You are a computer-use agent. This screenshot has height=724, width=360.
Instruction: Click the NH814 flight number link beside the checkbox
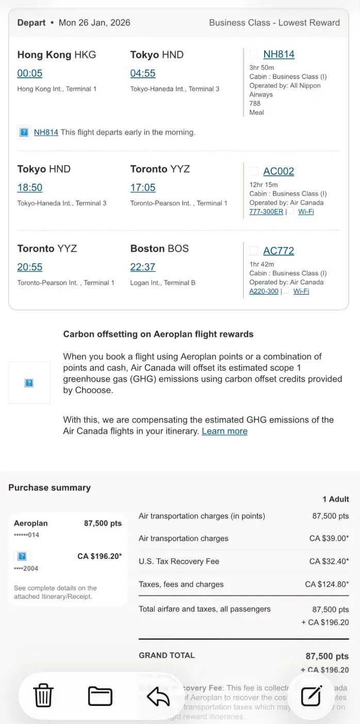click(x=279, y=54)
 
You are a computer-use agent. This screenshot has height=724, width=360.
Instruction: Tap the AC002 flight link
click(x=279, y=171)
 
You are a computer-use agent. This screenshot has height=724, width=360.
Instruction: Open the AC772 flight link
click(x=279, y=251)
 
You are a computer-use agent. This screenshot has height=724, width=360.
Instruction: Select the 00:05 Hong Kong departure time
click(x=30, y=73)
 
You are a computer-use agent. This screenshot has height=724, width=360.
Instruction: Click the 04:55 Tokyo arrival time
click(x=143, y=73)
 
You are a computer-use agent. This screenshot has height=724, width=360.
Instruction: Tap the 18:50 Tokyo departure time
click(x=30, y=188)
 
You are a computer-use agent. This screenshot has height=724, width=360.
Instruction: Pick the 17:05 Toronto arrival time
click(x=143, y=188)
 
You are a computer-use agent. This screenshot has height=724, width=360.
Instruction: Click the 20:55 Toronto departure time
click(x=30, y=267)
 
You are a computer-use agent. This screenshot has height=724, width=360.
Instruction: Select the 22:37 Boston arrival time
click(x=143, y=267)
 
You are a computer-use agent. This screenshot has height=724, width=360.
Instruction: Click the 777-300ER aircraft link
click(x=266, y=211)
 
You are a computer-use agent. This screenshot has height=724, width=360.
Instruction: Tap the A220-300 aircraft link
click(x=264, y=291)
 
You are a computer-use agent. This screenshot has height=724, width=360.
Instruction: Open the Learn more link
click(x=224, y=431)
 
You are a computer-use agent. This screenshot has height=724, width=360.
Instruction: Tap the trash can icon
click(x=43, y=696)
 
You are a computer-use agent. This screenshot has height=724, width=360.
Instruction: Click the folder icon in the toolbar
click(x=100, y=696)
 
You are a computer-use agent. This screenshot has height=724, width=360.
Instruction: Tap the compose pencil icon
click(x=312, y=696)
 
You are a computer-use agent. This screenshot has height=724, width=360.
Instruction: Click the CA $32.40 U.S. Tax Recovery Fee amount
click(x=329, y=561)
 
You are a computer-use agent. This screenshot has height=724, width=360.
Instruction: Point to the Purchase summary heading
click(x=50, y=487)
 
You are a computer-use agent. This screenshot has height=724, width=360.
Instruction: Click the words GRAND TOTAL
click(x=167, y=655)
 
